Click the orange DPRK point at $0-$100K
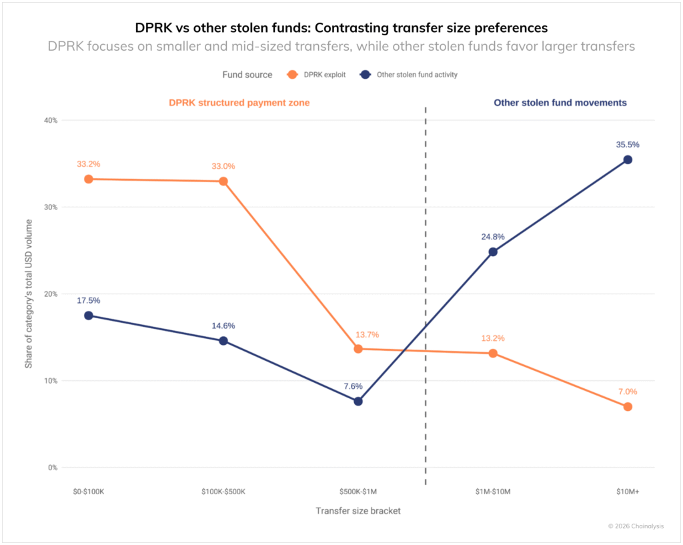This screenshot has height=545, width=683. (x=88, y=179)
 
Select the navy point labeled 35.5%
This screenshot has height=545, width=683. (x=628, y=159)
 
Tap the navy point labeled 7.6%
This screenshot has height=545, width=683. (x=358, y=402)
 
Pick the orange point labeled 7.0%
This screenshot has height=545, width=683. (x=628, y=407)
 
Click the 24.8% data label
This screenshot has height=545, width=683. (x=493, y=237)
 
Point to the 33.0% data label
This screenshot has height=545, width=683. (x=223, y=166)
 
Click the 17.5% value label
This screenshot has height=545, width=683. (x=88, y=300)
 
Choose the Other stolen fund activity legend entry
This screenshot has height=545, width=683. (x=408, y=75)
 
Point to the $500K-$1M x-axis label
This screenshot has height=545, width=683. (x=358, y=492)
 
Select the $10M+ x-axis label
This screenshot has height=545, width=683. (x=628, y=492)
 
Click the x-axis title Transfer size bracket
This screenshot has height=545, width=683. (x=358, y=511)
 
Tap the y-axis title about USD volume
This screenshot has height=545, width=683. (x=29, y=294)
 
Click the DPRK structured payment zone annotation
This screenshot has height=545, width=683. (x=239, y=103)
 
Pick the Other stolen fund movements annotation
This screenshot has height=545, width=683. (x=560, y=103)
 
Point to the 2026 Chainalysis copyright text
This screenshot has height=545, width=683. (x=636, y=526)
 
